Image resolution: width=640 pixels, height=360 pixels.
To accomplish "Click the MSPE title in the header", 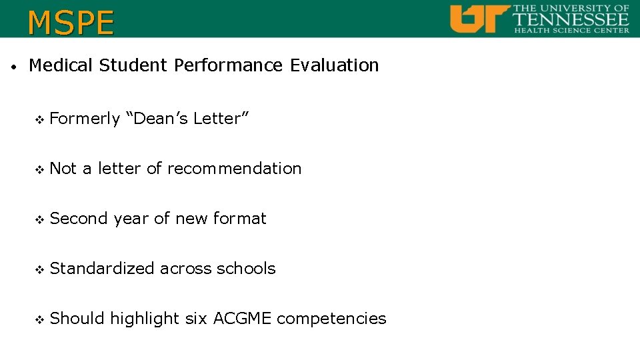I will tap(71, 22).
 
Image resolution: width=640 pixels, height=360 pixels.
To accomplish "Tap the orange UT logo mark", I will tap(479, 19).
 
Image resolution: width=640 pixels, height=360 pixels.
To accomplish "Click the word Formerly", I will tap(85, 119).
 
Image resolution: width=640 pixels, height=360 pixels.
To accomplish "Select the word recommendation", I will tap(234, 169).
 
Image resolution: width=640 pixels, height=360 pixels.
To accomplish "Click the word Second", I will tap(79, 219).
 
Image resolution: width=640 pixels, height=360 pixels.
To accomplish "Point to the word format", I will tap(239, 219).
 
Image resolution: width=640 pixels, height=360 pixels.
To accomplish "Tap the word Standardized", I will tap(102, 269).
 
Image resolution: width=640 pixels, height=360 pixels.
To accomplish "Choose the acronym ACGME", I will tap(242, 319).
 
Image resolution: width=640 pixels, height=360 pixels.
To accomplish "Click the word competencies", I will tap(331, 319).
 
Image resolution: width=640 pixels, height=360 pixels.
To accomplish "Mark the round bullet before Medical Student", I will tap(13, 67).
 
